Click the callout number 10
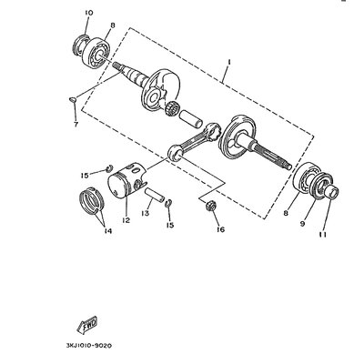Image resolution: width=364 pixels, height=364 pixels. [89, 13]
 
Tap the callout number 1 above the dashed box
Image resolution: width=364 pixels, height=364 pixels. [229, 62]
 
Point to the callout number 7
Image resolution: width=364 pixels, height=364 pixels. [76, 124]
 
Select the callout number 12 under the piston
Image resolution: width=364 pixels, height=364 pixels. [126, 220]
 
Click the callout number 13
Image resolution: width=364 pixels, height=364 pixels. [146, 213]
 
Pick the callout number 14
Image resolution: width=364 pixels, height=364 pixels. [108, 231]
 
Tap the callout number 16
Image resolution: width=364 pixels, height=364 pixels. [220, 229]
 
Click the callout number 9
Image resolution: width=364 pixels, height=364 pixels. [302, 224]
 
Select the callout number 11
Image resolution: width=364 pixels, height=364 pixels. [323, 235]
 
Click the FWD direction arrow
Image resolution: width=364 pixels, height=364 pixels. [87, 324]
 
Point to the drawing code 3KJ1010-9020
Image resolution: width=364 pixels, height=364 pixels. [89, 346]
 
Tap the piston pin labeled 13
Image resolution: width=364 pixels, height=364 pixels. [155, 196]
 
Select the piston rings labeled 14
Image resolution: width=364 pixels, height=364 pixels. [92, 203]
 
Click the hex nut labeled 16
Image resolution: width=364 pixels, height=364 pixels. [210, 206]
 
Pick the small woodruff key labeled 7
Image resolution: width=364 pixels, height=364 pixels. [73, 99]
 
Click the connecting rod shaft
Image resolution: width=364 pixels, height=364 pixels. [193, 141]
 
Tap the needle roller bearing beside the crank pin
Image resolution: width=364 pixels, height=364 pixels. [172, 108]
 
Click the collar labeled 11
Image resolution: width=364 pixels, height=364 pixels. [331, 193]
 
